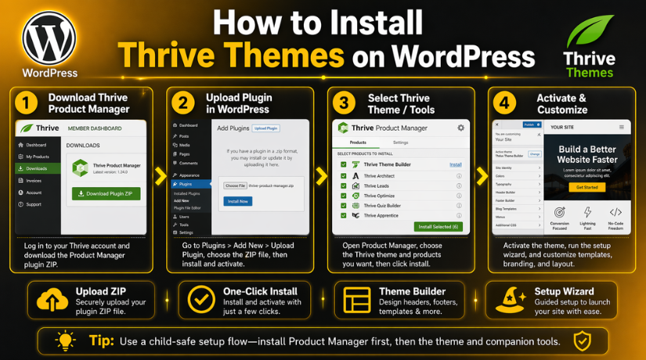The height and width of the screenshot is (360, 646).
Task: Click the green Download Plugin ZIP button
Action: (106, 193)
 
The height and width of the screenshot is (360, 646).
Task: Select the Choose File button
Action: (235, 185)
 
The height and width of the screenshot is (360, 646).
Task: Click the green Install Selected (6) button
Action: (438, 227)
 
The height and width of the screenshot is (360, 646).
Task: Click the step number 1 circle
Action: (27, 103)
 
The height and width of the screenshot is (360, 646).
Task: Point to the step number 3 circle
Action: (344, 103)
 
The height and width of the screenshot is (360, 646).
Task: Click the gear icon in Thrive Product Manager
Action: (460, 127)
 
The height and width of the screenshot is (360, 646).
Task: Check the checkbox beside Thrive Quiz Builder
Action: (343, 206)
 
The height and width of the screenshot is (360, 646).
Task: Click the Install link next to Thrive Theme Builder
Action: (455, 165)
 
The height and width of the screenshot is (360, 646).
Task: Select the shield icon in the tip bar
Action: (581, 341)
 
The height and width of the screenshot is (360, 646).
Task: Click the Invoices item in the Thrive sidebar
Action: (34, 180)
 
